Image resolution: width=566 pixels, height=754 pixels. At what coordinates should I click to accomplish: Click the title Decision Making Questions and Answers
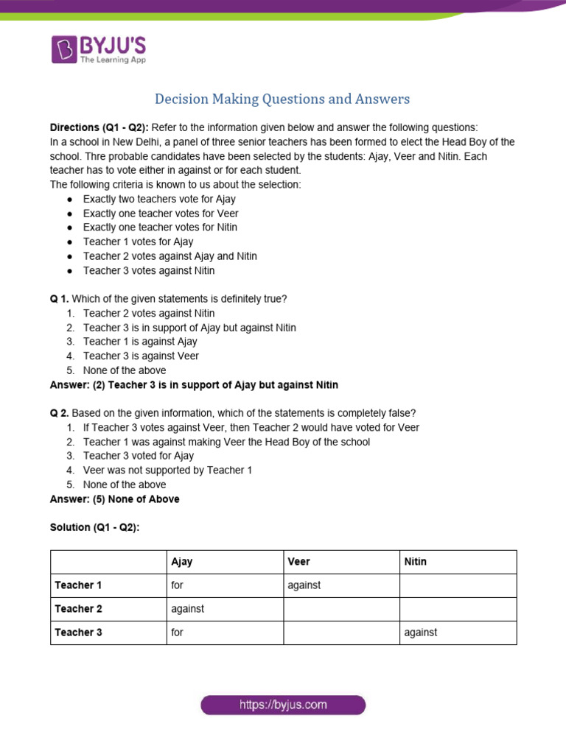click(282, 99)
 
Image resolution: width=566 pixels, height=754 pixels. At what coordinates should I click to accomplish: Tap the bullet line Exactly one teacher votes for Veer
click(161, 214)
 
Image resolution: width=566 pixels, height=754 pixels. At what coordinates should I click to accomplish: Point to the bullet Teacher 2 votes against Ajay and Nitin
click(170, 256)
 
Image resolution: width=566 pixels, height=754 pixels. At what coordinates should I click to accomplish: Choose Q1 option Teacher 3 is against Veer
click(141, 356)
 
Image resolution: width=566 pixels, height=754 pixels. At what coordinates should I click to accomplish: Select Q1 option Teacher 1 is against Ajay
click(140, 342)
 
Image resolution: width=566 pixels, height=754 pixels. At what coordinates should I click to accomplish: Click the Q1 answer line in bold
click(194, 385)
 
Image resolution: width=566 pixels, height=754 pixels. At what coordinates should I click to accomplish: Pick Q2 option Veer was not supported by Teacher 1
click(167, 471)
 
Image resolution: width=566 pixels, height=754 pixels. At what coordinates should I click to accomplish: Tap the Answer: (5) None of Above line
click(114, 499)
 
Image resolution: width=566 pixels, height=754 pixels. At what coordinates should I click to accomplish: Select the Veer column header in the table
click(298, 562)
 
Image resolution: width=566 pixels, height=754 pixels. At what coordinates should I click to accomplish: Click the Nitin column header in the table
click(416, 562)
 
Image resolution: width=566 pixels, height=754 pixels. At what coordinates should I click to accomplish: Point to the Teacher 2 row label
click(78, 609)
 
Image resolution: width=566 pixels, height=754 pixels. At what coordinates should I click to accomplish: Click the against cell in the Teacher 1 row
click(306, 585)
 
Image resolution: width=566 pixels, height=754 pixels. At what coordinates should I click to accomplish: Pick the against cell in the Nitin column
click(421, 633)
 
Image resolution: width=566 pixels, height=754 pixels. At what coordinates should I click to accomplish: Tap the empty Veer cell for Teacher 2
click(340, 609)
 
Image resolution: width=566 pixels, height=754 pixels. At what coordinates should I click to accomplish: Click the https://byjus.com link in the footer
click(283, 705)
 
